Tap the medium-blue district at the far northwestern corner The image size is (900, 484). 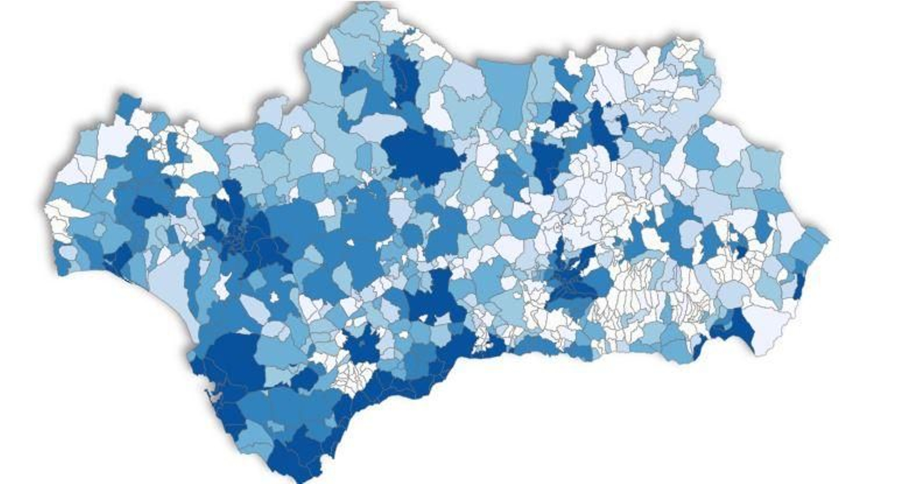point(129,104)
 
